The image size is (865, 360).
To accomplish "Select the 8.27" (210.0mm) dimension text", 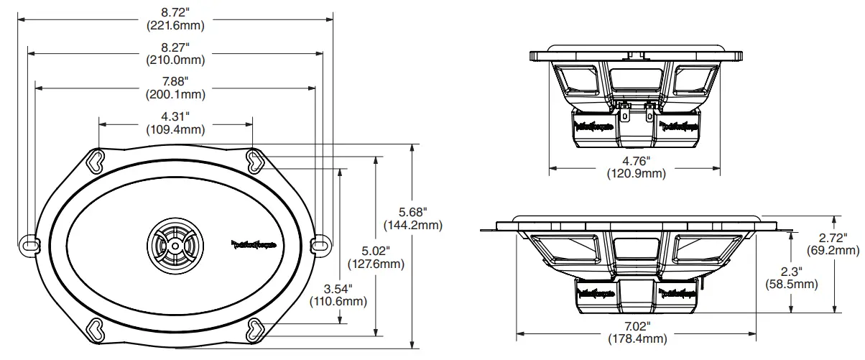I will point(175,54).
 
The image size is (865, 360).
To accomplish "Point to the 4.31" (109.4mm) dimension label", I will point(175,123).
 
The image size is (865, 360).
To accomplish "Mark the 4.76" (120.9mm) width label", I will point(635,167).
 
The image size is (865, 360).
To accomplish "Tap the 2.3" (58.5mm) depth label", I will point(790,277).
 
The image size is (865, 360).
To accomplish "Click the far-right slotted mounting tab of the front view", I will point(321,244).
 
